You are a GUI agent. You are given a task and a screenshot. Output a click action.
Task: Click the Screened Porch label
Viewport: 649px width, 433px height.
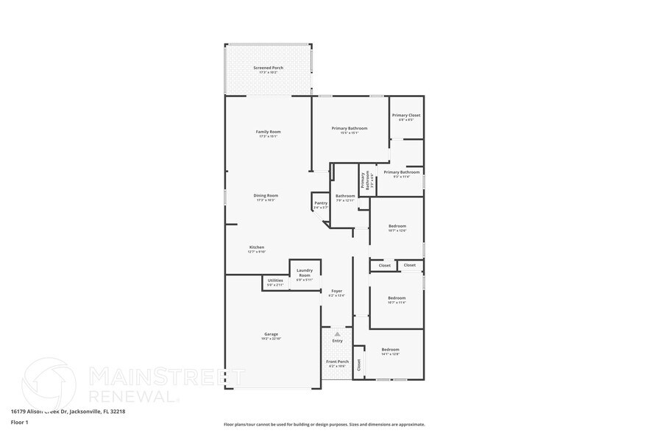[268, 68]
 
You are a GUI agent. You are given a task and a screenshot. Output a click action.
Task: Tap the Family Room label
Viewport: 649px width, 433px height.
[268, 132]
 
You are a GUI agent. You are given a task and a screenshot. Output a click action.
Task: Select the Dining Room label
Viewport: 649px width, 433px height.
[267, 196]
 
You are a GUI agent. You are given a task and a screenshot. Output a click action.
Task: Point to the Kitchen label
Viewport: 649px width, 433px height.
[256, 247]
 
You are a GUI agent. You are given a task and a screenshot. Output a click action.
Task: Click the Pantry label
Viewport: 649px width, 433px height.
[320, 203]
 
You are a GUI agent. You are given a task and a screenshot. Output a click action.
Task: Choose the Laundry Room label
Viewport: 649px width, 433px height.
[305, 272]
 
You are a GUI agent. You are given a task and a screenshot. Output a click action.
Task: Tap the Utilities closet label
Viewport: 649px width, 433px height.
[275, 281]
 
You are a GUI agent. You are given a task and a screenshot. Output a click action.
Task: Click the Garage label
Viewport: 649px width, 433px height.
[271, 334]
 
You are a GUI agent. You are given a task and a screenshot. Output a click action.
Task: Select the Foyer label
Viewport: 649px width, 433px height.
[336, 292]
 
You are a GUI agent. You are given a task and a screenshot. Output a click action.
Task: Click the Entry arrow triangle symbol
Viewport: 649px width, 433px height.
[337, 334]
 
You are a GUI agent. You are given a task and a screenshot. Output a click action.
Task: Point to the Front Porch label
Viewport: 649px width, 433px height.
[337, 362]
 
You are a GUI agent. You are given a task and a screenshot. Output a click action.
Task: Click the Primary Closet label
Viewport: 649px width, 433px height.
[406, 116]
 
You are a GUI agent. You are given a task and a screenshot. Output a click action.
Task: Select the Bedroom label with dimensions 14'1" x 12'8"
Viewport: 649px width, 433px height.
[390, 350]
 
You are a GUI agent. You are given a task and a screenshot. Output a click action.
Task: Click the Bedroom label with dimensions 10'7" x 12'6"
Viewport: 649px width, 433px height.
[397, 226]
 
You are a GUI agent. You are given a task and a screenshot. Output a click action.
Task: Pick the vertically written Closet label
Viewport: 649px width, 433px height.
[359, 363]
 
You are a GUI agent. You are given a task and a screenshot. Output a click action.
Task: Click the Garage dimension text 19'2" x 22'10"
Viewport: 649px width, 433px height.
[271, 339]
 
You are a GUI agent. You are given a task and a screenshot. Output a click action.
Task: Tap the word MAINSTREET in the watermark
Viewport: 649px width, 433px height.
[156, 377]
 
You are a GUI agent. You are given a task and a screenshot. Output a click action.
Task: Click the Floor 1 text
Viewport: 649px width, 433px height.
[20, 423]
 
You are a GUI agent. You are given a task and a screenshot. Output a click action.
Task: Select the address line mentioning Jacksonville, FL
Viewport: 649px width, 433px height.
[68, 412]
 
